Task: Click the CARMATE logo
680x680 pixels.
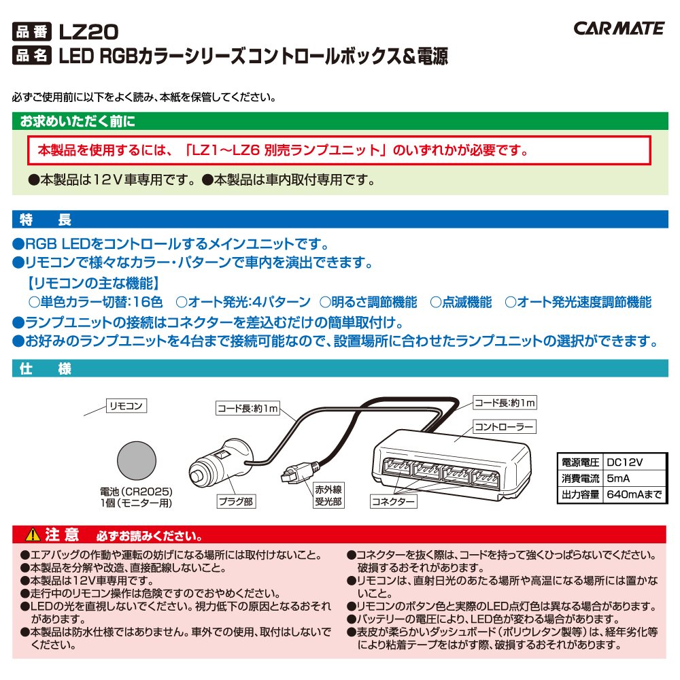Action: (x=619, y=28)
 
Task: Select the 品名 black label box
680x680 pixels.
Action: (x=32, y=56)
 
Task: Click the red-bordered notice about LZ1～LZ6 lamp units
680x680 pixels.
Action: (x=339, y=150)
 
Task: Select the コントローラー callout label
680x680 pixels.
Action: (x=503, y=427)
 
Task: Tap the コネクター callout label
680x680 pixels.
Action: (x=393, y=502)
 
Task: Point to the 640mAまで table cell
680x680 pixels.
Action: (x=632, y=495)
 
